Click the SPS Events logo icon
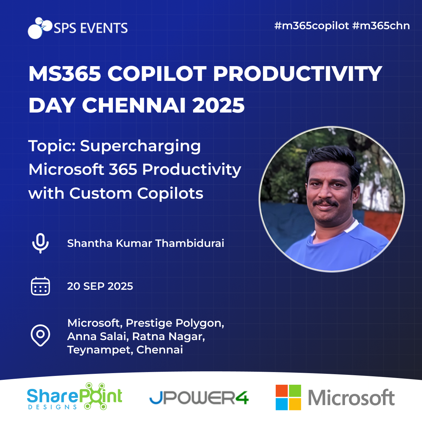pyautogui.click(x=40, y=28)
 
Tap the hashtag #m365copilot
pyautogui.click(x=312, y=26)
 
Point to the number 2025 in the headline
pyautogui.click(x=218, y=105)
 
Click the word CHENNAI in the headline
pyautogui.click(x=134, y=105)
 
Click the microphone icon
pyautogui.click(x=40, y=243)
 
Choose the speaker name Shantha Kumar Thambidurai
pyautogui.click(x=146, y=243)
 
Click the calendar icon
pyautogui.click(x=40, y=286)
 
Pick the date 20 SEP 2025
pyautogui.click(x=100, y=286)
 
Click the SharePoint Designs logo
pyautogui.click(x=75, y=396)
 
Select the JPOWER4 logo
pyautogui.click(x=199, y=397)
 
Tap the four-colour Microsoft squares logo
pyautogui.click(x=288, y=397)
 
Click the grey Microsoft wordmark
pyautogui.click(x=351, y=397)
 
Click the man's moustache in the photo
pyautogui.click(x=325, y=203)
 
